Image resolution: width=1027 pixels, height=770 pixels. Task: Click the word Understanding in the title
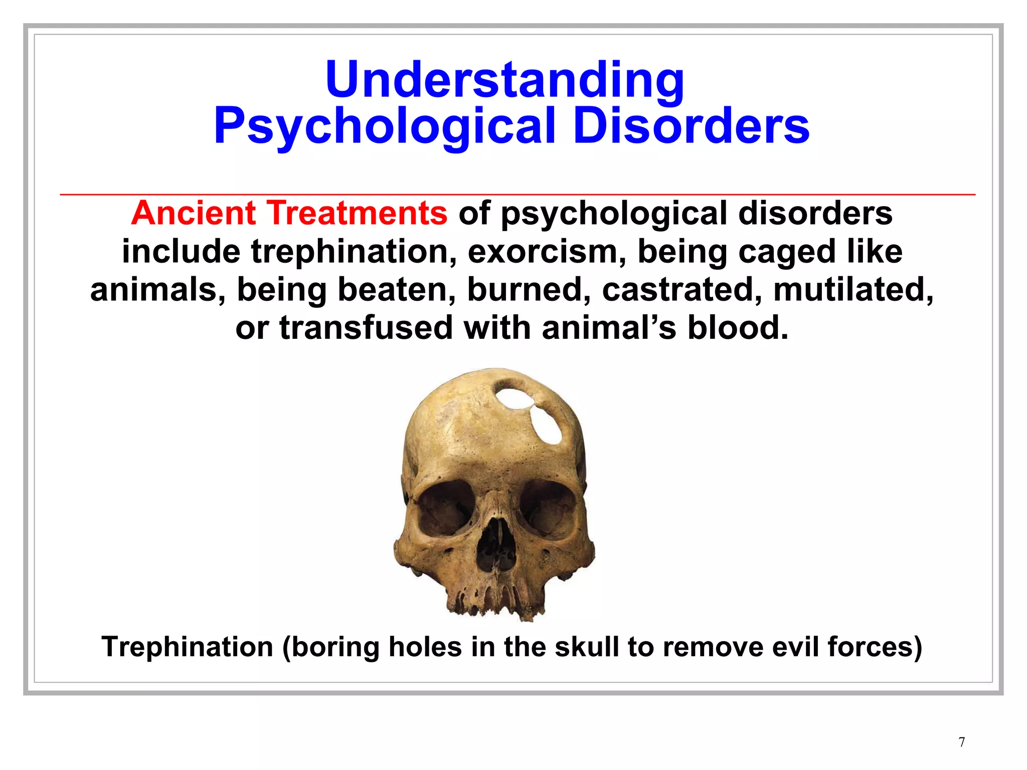coord(505,80)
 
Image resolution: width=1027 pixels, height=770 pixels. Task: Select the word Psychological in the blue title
coord(385,127)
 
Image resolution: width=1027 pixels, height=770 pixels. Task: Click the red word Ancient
coord(194,213)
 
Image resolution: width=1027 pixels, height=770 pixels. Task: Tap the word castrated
coord(681,290)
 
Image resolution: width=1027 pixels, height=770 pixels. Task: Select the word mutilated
coord(853,290)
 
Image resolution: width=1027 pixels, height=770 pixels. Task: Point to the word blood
coord(737,328)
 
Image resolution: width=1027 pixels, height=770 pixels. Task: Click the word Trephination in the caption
coord(187,647)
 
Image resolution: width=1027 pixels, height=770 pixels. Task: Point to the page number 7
coord(962,742)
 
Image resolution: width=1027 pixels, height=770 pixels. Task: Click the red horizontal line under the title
coord(518,194)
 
